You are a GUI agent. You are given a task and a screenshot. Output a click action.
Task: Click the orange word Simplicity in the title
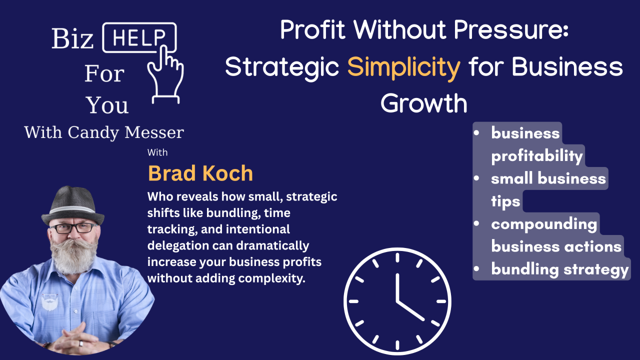tap(403, 68)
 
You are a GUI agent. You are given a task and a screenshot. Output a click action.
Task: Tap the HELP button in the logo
tap(139, 37)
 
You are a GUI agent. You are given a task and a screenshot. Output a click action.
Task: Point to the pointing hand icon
tap(165, 75)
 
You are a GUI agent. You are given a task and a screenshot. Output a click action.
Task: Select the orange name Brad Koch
tap(200, 173)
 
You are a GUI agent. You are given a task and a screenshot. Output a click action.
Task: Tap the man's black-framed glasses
tap(73, 228)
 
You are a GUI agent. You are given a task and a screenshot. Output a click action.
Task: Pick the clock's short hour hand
tap(410, 310)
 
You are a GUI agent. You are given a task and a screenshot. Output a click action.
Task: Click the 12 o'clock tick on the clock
tap(397, 257)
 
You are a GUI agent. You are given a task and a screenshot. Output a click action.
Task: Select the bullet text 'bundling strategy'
tap(560, 269)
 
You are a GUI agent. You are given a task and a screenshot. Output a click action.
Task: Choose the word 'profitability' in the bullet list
tap(537, 156)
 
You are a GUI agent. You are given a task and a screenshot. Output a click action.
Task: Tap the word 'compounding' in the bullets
tap(544, 224)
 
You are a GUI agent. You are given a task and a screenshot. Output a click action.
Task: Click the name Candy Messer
tap(126, 132)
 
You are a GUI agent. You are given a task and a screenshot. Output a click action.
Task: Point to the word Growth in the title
tap(424, 103)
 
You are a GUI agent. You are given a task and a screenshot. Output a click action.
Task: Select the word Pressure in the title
tap(511, 29)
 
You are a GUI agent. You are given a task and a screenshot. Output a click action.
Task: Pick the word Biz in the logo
tap(72, 38)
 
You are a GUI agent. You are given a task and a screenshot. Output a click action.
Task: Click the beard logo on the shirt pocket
tap(49, 301)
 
